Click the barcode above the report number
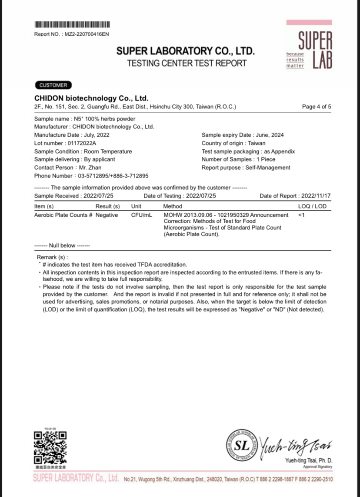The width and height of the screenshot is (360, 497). point(72,24)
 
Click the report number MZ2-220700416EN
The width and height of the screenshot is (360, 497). point(87,34)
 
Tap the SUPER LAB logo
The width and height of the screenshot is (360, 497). point(309,44)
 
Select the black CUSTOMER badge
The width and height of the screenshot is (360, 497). point(53,85)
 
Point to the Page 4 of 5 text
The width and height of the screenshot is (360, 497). point(316,107)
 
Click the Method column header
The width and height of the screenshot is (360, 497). point(173,206)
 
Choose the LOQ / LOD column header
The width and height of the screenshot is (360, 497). point(312,206)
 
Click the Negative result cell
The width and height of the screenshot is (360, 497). point(107,215)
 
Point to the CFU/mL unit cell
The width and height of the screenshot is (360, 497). point(140,215)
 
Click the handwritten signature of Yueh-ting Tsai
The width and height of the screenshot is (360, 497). point(297,445)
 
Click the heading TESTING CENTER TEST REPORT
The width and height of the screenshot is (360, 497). point(187,63)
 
